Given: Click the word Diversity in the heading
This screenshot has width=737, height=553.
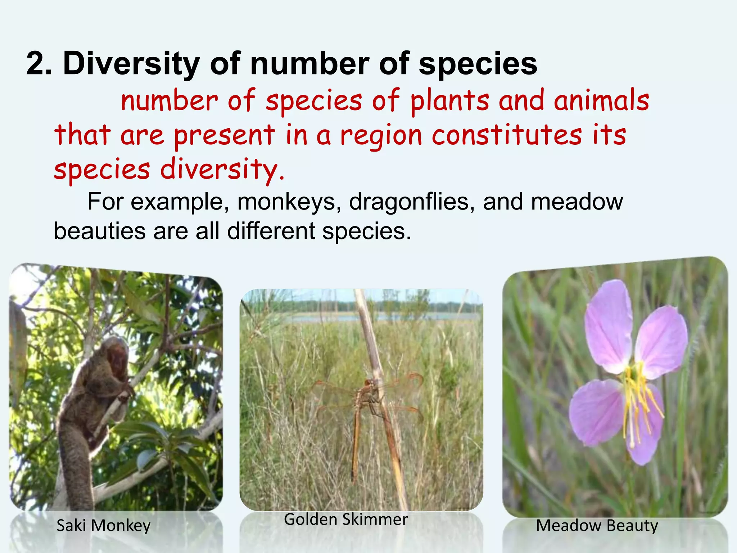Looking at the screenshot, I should (131, 64).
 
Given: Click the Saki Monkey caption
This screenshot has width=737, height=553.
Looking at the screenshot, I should (104, 526).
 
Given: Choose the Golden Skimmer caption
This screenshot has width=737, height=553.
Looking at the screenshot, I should (346, 519).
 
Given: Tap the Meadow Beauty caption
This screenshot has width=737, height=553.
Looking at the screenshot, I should (597, 525).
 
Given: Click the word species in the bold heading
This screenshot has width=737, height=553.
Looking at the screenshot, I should (478, 64).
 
